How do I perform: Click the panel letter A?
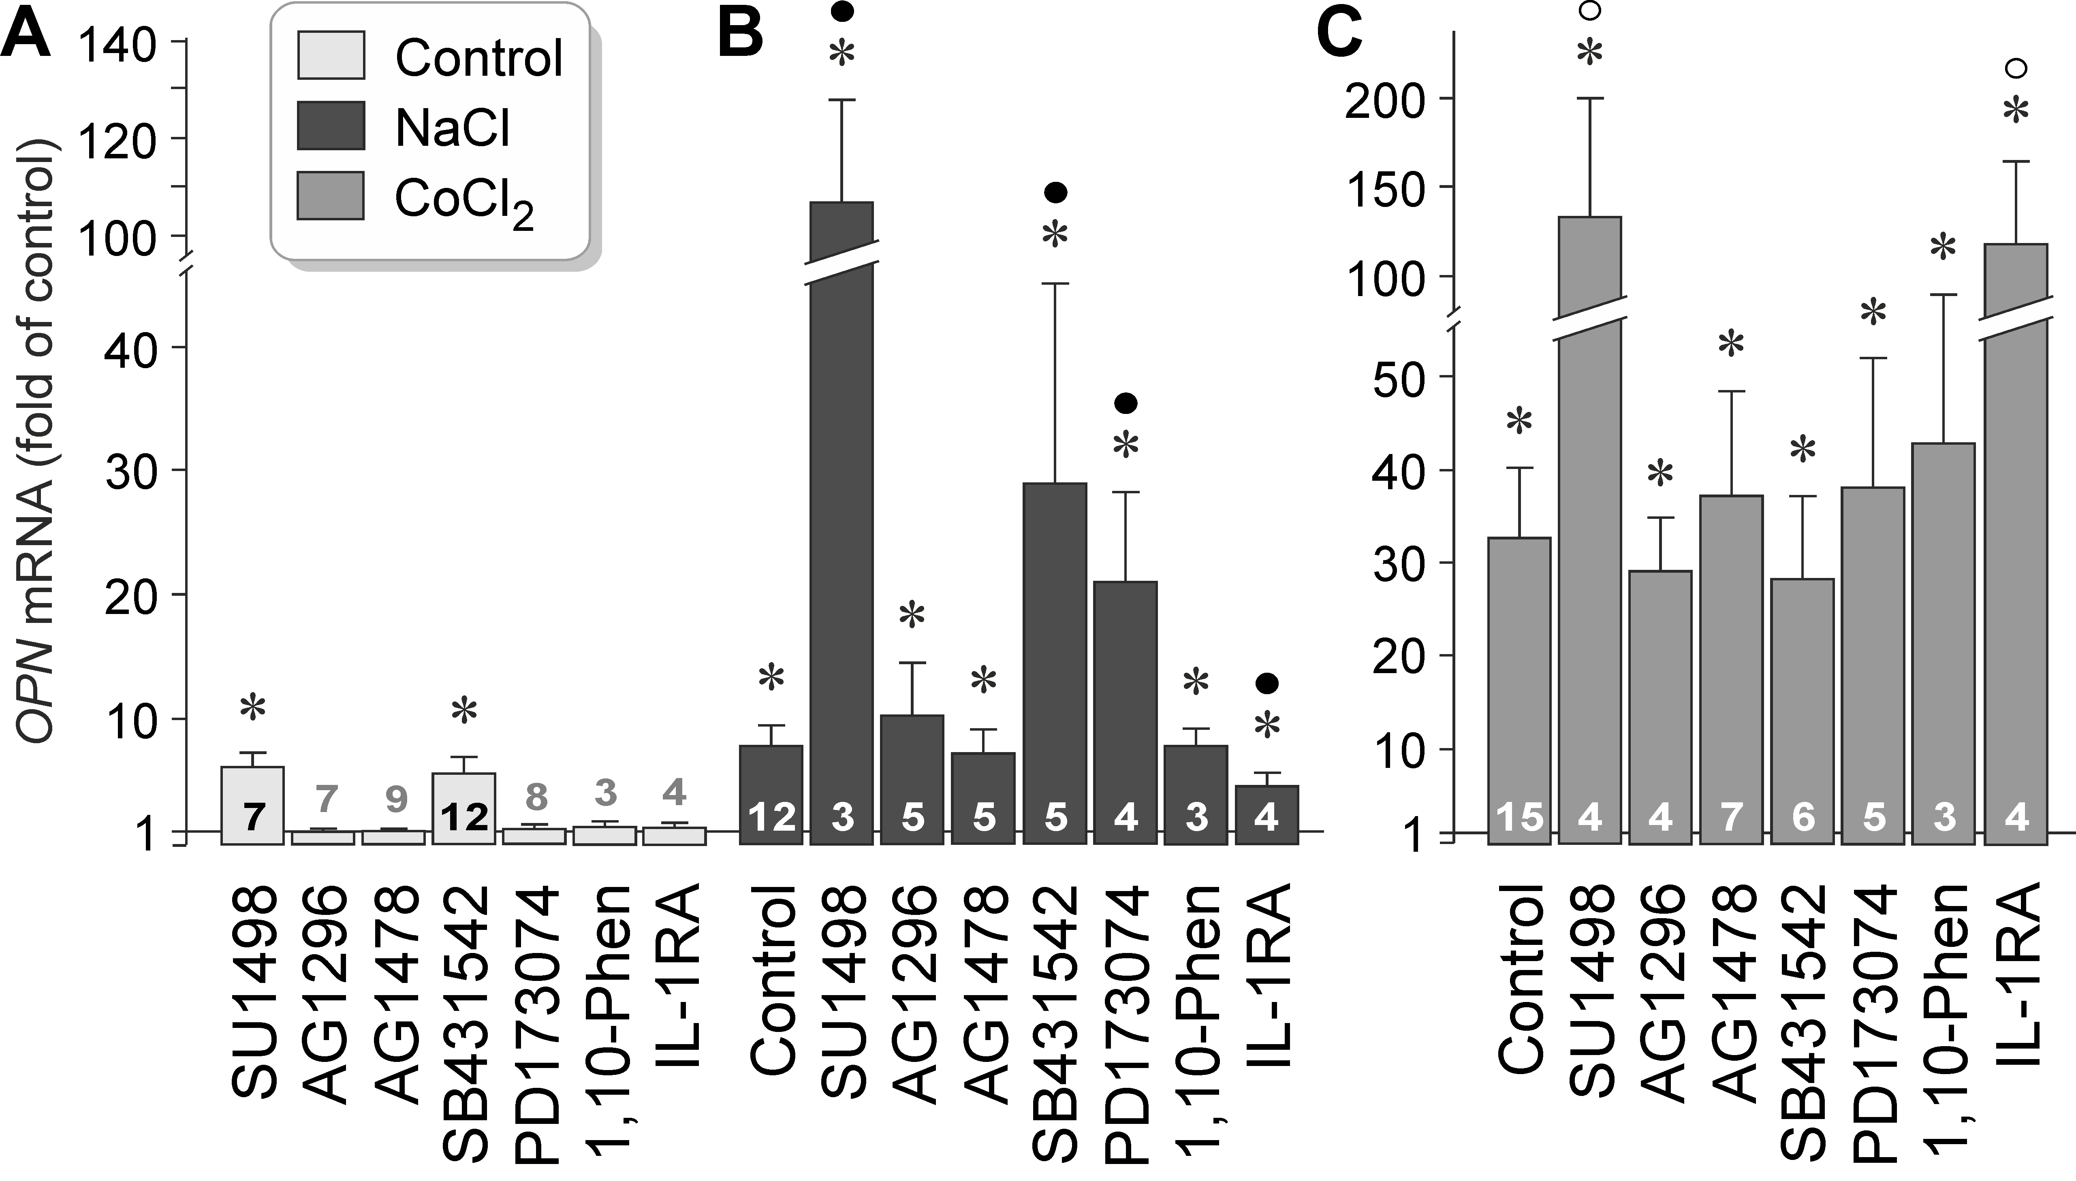tap(26, 34)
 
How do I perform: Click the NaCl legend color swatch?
tap(331, 126)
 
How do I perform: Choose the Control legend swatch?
tap(331, 55)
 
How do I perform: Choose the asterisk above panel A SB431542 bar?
tap(464, 711)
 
